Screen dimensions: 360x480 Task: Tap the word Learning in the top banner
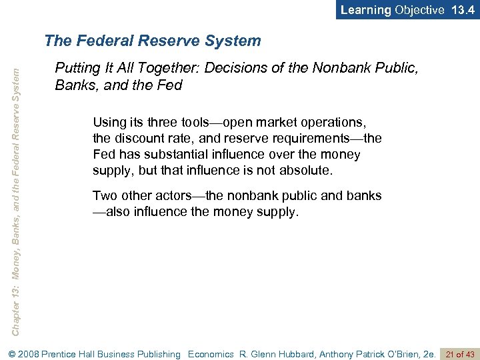click(x=366, y=10)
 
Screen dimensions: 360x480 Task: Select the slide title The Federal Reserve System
click(x=153, y=41)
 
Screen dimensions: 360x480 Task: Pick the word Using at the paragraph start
click(x=109, y=123)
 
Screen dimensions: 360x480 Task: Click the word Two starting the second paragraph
click(x=105, y=196)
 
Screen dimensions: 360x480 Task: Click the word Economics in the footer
click(x=211, y=354)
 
